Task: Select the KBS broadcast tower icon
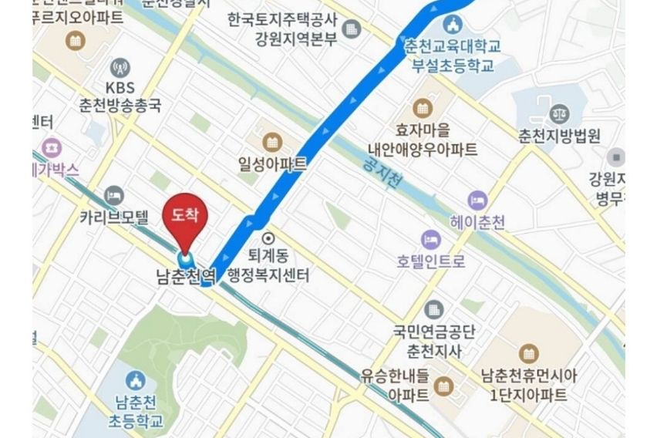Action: [120, 67]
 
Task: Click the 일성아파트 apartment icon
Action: [271, 142]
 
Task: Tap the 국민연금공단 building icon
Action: [434, 310]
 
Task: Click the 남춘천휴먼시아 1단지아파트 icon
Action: [528, 354]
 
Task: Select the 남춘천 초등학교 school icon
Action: [136, 379]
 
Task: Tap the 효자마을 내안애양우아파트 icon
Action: [423, 107]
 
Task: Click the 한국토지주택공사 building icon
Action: [352, 29]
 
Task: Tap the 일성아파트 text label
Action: [272, 163]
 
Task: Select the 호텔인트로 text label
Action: [432, 261]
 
